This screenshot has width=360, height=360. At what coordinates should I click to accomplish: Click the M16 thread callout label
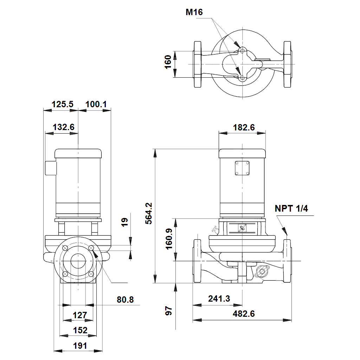[194, 12]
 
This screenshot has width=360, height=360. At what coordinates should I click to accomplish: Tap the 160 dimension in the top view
[168, 62]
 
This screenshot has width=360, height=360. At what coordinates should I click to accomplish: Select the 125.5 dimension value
[63, 104]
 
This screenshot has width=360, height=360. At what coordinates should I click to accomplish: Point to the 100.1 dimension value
[96, 104]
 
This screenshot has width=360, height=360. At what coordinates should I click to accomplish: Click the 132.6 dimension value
[64, 127]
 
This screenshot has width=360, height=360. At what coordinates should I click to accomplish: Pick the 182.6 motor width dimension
[244, 127]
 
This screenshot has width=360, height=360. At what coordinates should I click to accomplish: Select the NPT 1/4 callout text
[291, 208]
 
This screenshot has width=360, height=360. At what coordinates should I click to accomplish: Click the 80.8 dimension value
[125, 300]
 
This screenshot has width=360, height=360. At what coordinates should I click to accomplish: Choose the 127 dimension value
[80, 315]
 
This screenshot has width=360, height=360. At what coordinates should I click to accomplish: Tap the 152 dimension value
[80, 330]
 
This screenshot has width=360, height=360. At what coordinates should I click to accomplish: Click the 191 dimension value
[80, 346]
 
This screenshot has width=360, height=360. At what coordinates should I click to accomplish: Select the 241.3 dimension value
[219, 299]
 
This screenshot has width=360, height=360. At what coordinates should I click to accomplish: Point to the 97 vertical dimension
[169, 310]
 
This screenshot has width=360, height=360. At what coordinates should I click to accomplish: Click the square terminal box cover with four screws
[242, 168]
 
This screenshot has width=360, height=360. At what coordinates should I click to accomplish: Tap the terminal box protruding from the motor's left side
[50, 168]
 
